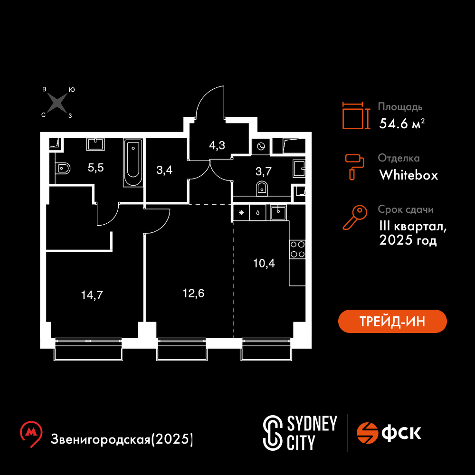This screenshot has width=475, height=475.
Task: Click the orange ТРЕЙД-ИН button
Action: tap(392, 321)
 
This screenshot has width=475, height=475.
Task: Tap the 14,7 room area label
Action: tap(92, 295)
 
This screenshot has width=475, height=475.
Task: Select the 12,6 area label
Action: tap(193, 293)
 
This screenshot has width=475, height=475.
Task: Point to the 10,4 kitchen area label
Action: tap(264, 263)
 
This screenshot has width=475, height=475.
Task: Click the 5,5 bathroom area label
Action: tap(96, 168)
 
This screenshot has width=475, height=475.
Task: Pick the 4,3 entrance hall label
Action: tap(217, 145)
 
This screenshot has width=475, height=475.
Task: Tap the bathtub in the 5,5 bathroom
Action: tap(133, 162)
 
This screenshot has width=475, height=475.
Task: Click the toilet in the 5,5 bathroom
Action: tap(63, 168)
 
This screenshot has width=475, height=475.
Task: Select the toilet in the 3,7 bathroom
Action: tap(262, 189)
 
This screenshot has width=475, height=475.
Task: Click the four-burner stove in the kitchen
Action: tap(297, 249)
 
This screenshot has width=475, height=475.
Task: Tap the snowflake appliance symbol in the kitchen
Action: tap(241, 213)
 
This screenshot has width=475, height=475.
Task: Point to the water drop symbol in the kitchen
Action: tap(257, 213)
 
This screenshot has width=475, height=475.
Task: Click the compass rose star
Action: tap(57, 103)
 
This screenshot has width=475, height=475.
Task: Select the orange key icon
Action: tap(355, 217)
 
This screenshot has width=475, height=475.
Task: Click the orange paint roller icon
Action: tap(355, 167)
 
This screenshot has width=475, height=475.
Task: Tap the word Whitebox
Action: tap(408, 175)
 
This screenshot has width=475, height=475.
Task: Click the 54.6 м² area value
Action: tap(402, 123)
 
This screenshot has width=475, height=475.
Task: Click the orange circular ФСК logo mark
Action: tap(367, 433)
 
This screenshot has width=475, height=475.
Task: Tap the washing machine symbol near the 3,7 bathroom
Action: tap(261, 147)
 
